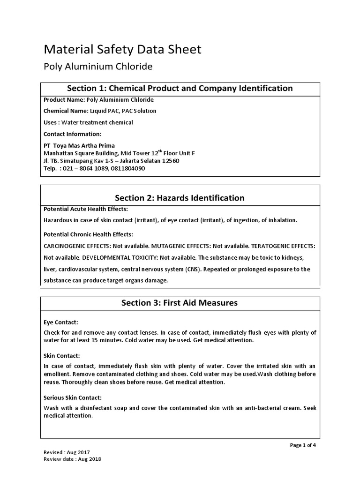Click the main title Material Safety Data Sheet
[x=122, y=49]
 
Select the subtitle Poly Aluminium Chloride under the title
[x=98, y=67]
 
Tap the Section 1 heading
[x=180, y=89]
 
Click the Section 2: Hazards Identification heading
[x=180, y=198]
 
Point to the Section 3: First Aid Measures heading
[x=180, y=303]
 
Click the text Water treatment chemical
[x=103, y=122]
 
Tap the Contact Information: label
[x=72, y=134]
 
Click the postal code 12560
[x=170, y=161]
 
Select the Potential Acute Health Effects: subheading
[x=85, y=209]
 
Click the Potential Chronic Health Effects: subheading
[x=88, y=234]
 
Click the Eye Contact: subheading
[x=60, y=322]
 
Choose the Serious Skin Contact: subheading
[x=72, y=397]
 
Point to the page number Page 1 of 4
[x=303, y=445]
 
